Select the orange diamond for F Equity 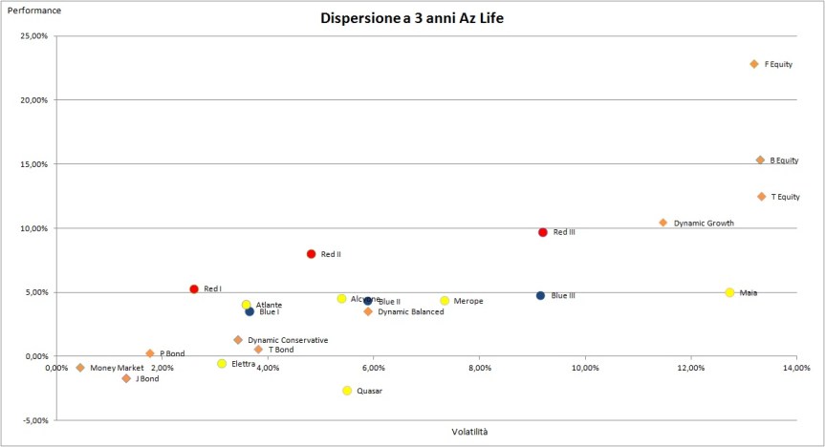click(754, 64)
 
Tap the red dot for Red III click(543, 232)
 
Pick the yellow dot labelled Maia click(729, 292)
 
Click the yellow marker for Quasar click(347, 391)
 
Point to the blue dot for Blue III click(541, 296)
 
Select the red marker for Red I click(194, 288)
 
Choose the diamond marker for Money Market click(80, 368)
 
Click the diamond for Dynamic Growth click(663, 223)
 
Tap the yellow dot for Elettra click(222, 364)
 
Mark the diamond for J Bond click(126, 378)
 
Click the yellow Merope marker click(445, 301)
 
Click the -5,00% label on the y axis click(34, 420)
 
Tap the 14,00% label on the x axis click(795, 367)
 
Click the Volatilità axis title click(469, 432)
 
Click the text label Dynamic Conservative click(288, 340)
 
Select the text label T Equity click(785, 197)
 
